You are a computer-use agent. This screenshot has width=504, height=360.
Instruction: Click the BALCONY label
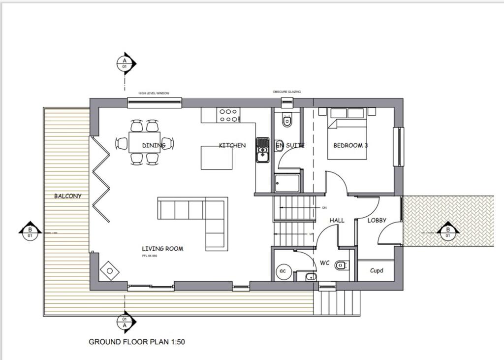coord(68,196)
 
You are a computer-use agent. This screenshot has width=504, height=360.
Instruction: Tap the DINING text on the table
coord(154,145)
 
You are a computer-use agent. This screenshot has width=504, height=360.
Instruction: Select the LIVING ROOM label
coord(162,249)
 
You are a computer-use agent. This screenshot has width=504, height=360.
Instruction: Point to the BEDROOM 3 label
coord(350,145)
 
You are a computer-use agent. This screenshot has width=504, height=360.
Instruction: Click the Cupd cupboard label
coord(377,270)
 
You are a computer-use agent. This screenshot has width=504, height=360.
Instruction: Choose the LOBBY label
coord(377,220)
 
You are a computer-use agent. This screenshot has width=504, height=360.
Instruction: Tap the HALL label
coord(337,220)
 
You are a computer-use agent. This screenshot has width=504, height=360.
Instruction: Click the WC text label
coord(325,263)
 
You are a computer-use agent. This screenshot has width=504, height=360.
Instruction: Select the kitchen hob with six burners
coord(228,115)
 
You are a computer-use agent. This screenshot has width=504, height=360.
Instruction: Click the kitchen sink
coord(262,149)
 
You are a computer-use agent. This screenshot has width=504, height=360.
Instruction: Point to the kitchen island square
coord(217,158)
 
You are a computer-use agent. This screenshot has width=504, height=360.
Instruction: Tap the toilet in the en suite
coord(287,120)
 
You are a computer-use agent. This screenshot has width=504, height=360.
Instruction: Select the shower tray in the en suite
coord(287,183)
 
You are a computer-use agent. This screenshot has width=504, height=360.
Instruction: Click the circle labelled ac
coord(283,271)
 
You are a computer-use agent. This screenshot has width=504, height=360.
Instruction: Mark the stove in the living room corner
coord(109,270)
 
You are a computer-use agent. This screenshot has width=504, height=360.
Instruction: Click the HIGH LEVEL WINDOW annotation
coord(154,93)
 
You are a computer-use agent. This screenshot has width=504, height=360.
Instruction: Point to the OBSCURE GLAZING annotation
coord(287,92)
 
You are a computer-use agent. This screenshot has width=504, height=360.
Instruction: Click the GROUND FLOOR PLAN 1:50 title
coord(137,341)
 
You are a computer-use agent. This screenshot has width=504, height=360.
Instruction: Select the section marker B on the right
coord(448,230)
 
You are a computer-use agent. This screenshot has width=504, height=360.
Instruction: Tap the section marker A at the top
coord(125,63)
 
